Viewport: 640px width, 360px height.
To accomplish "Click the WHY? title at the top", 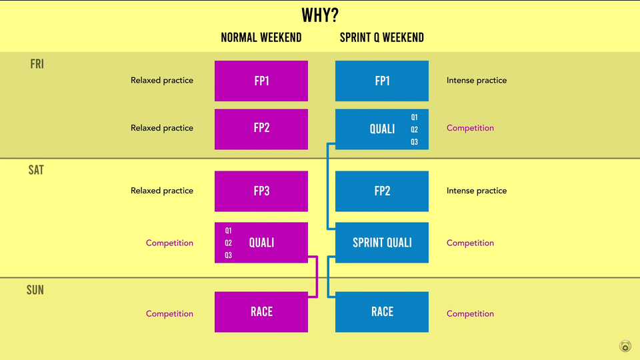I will click(x=320, y=15).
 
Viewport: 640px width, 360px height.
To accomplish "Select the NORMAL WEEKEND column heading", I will click(x=261, y=37).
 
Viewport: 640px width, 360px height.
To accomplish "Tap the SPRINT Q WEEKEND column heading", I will click(x=381, y=37).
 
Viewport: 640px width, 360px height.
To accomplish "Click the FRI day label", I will click(x=37, y=64).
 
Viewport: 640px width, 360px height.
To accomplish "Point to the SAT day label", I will click(x=36, y=170).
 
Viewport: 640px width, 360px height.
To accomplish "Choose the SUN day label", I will click(x=35, y=290).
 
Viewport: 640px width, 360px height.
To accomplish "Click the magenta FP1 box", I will click(x=261, y=81).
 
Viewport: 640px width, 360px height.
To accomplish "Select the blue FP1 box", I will click(x=382, y=81).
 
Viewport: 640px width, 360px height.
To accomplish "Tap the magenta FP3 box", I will click(x=261, y=191).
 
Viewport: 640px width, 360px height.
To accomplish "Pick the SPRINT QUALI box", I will click(x=382, y=243).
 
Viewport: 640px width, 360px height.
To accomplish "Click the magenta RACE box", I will click(x=261, y=311).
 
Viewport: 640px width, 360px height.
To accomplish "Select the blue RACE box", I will click(x=382, y=311).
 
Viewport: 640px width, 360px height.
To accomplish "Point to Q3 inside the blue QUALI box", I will click(x=415, y=142).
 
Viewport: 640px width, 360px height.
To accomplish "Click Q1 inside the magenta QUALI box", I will click(x=228, y=231).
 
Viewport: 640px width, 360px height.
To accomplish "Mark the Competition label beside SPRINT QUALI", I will click(x=470, y=243).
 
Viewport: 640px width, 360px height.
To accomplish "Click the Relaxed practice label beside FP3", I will click(x=162, y=191).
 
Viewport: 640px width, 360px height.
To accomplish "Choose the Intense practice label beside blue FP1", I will click(x=477, y=81).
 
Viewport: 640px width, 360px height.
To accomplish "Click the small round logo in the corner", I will click(x=625, y=346).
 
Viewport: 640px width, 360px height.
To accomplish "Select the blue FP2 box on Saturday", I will click(x=382, y=191).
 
